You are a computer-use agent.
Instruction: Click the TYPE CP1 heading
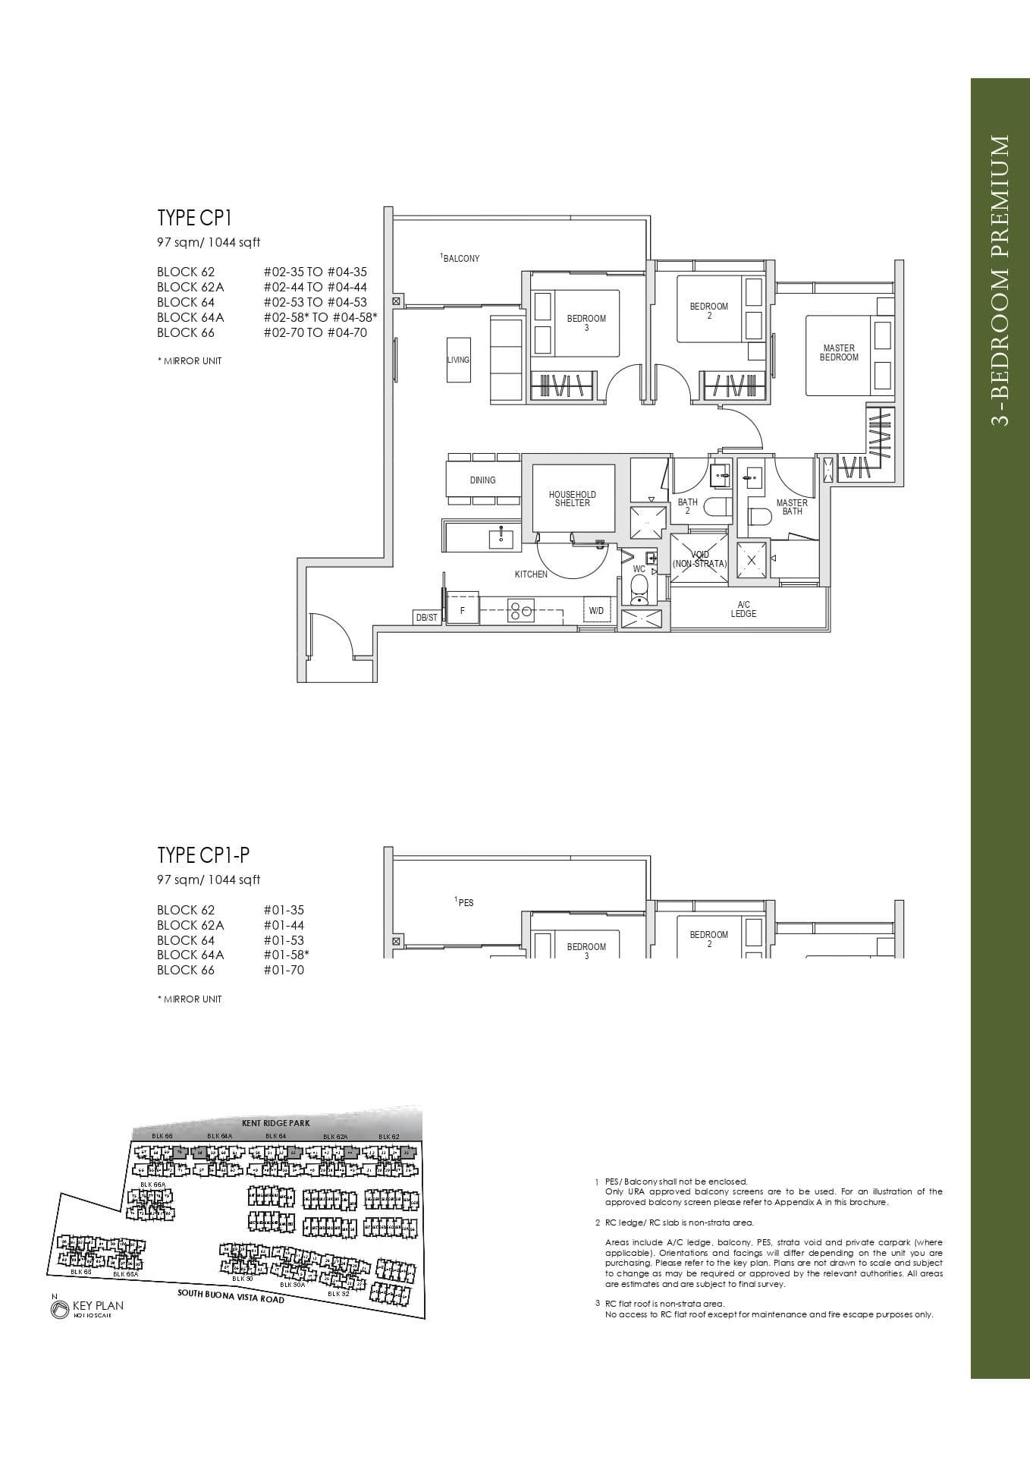194,218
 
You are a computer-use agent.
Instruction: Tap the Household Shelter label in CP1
572,499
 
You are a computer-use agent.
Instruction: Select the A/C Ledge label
743,609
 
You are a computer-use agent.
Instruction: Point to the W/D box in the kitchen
596,610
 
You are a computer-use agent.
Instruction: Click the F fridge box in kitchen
462,610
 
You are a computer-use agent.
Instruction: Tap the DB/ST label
426,618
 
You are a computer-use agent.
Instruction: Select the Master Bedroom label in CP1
838,353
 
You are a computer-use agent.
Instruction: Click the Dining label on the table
482,480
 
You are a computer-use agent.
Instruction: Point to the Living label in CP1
458,360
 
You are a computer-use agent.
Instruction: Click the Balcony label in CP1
460,258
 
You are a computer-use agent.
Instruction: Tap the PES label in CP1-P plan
465,902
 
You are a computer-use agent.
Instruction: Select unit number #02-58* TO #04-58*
320,317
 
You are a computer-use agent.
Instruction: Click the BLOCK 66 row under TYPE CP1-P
186,970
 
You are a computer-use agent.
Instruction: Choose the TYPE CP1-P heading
203,855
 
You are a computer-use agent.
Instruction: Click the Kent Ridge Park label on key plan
276,1122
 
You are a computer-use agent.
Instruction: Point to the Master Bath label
792,507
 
